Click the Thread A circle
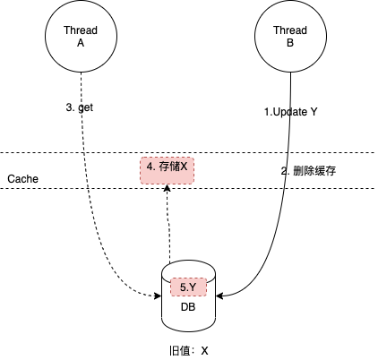[x=80, y=36]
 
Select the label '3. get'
[x=80, y=107]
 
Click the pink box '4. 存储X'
[x=167, y=167]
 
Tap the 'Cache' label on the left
[x=22, y=179]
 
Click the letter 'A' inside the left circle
[x=80, y=42]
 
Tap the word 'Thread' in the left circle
[x=80, y=30]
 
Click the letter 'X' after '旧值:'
[x=204, y=350]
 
